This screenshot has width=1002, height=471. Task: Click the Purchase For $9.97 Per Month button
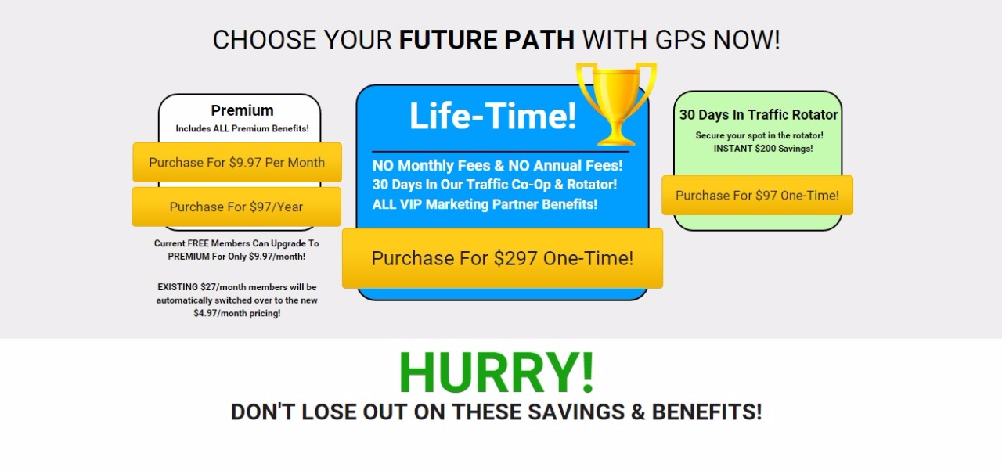237,162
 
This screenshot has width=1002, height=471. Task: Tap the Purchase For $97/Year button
236,207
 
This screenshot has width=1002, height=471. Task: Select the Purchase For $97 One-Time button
757,196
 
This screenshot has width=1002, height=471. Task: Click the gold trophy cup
616,104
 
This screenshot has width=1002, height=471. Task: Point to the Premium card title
243,110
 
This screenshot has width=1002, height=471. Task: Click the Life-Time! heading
493,116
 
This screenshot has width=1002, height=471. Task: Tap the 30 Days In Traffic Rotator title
759,115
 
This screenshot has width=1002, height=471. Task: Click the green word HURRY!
496,372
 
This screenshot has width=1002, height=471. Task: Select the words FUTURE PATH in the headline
487,40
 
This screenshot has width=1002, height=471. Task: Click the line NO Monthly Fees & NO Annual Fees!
497,166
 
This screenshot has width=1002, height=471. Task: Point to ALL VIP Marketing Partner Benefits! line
485,204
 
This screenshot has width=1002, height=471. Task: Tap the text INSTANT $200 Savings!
763,149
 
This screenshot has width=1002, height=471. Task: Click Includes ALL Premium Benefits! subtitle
242,128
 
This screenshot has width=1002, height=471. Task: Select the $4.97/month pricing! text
237,313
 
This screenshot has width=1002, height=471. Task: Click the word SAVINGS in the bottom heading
576,412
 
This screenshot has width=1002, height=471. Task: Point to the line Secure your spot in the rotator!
759,135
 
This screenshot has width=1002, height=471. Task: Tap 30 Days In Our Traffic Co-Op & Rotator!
495,185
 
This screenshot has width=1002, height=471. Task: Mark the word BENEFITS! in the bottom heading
707,412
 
